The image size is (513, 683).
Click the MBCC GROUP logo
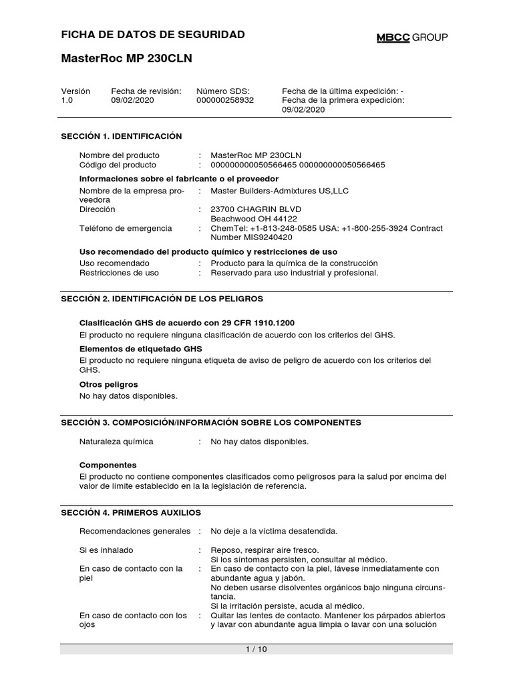pos(411,37)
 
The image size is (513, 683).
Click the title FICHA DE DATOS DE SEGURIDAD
pos(153,35)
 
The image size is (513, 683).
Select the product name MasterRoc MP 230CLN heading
pos(126,59)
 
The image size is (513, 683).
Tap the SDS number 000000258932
pos(225,100)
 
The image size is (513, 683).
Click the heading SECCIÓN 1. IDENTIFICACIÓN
pos(122,136)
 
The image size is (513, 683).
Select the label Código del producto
pos(118,165)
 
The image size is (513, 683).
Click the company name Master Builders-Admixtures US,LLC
pos(279,191)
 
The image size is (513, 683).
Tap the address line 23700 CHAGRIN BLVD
pos(254,209)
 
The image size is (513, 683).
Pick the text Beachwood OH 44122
pos(254,219)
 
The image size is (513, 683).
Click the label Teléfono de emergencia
pos(126,228)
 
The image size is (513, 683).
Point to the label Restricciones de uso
pos(119,273)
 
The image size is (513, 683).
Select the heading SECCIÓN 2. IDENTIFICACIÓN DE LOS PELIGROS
pos(162,298)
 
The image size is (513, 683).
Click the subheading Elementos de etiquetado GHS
pos(140,349)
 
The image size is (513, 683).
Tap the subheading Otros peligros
pos(108,384)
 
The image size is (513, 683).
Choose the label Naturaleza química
pos(116,442)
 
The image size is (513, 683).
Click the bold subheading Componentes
pos(108,464)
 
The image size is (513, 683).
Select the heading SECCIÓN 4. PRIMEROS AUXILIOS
pos(131,512)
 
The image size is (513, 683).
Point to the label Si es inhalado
pos(106,550)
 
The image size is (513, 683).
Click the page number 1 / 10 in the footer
pos(256,649)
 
